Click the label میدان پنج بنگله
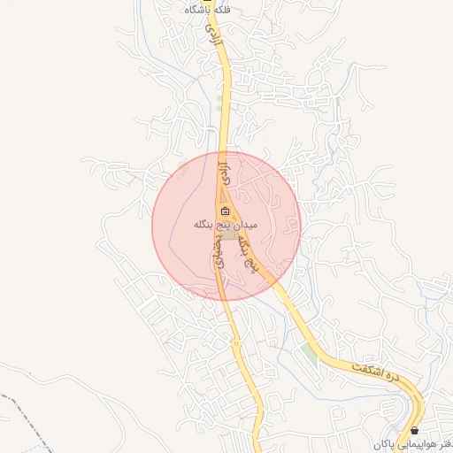[226, 225]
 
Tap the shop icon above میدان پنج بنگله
[225, 211]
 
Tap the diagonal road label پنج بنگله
[255, 254]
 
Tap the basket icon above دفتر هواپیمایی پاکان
[415, 431]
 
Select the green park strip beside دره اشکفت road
[308, 352]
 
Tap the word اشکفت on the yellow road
[363, 366]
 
